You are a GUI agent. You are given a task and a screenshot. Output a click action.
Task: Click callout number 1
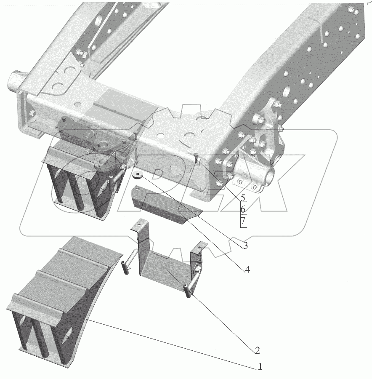(x=260, y=367)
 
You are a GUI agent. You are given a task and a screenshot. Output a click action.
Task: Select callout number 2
(x=257, y=350)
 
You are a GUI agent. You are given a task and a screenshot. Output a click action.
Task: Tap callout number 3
(x=245, y=246)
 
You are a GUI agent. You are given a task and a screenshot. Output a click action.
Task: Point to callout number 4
(x=247, y=269)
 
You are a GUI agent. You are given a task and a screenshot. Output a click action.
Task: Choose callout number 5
(x=243, y=198)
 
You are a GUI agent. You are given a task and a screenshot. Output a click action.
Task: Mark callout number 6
(x=243, y=209)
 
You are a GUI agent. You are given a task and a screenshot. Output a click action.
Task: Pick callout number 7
(x=243, y=221)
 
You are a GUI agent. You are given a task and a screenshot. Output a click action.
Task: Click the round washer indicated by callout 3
(x=138, y=176)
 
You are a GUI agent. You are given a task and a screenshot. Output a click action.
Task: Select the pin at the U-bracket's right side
(x=192, y=283)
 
